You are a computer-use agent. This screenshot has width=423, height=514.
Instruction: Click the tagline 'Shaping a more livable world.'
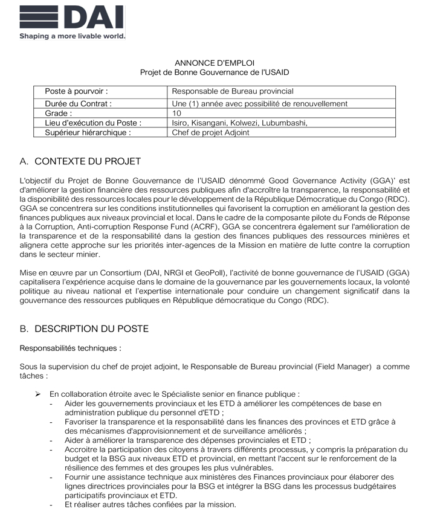point(72,36)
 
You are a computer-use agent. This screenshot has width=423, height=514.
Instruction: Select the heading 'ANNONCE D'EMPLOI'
point(215,62)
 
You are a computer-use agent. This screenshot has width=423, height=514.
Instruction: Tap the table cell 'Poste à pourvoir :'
point(77,91)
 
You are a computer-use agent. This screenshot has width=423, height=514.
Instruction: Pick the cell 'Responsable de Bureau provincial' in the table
point(233,91)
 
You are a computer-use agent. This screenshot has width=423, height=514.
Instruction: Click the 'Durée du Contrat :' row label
point(79,104)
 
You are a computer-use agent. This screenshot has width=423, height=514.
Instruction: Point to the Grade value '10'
point(176,113)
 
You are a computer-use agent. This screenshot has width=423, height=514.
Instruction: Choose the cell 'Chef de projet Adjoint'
point(210,132)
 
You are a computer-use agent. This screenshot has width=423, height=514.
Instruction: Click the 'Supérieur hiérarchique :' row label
point(88,132)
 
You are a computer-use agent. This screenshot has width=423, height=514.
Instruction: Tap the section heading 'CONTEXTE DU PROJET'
point(88,161)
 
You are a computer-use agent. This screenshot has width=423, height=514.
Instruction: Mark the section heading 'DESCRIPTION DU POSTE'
point(91,329)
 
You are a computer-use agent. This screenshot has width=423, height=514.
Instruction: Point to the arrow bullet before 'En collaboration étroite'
point(37,394)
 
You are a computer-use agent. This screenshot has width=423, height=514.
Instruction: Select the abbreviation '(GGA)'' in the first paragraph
point(383,181)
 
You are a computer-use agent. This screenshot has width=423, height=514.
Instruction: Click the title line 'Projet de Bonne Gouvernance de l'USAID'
point(215,72)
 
